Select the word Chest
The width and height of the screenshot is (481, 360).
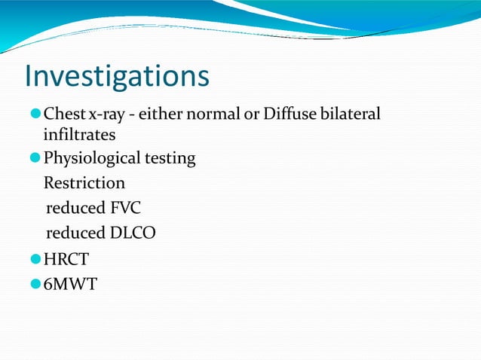63,114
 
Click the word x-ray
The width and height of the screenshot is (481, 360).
105,114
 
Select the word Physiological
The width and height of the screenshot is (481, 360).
91,159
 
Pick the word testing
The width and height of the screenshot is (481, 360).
170,159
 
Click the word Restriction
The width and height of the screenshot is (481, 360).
84,183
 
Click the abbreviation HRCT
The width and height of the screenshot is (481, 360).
66,261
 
